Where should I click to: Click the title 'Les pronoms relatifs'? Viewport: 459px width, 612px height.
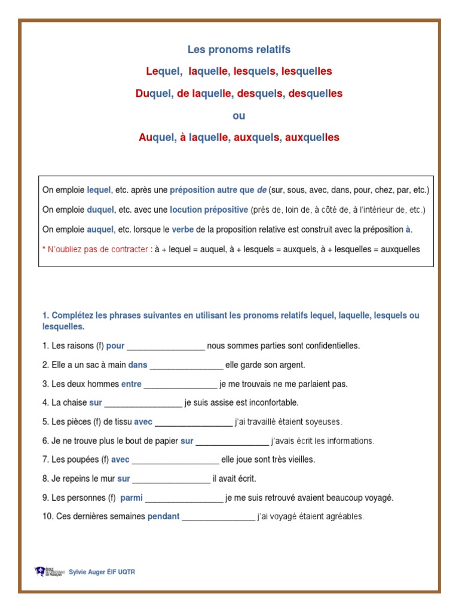coord(239,50)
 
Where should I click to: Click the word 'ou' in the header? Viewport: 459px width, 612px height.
coord(239,115)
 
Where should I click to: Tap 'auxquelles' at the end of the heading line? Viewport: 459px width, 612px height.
coord(312,137)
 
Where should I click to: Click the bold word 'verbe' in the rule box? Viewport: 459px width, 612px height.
coord(183,229)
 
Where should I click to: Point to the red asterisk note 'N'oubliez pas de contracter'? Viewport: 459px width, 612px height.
coord(97,249)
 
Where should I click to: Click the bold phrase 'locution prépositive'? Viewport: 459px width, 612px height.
coord(209,210)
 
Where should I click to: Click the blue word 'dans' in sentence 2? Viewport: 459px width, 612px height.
coord(137,365)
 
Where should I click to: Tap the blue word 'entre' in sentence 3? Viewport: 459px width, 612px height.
coord(131,384)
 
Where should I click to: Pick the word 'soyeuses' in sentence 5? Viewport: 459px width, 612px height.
coord(323,423)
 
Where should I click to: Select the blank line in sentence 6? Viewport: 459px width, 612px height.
coord(232,442)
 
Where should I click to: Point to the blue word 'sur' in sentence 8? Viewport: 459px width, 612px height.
coord(124,479)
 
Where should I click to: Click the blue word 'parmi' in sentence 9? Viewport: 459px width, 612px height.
coord(131,498)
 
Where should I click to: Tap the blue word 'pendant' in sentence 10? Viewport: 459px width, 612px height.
coord(163,517)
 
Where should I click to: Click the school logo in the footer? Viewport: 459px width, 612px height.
coord(48,572)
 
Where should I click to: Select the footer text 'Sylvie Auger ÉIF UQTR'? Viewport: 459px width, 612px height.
coord(102,573)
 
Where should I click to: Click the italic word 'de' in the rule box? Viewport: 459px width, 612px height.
coord(261,191)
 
